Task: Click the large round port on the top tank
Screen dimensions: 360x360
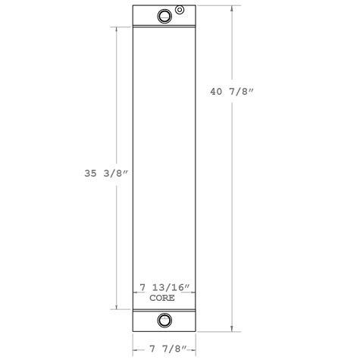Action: tap(164, 17)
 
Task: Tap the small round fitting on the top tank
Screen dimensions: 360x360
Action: tap(179, 10)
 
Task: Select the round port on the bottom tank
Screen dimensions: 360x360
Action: tap(164, 321)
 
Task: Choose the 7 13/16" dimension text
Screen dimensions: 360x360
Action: tap(164, 288)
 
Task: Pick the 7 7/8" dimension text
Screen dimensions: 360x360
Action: tap(164, 350)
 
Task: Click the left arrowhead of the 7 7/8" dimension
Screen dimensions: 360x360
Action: tap(135, 349)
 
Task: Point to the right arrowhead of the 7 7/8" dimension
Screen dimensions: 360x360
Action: tap(194, 349)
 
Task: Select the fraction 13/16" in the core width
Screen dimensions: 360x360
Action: tap(171, 288)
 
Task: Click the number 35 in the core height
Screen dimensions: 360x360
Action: tap(90, 173)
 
